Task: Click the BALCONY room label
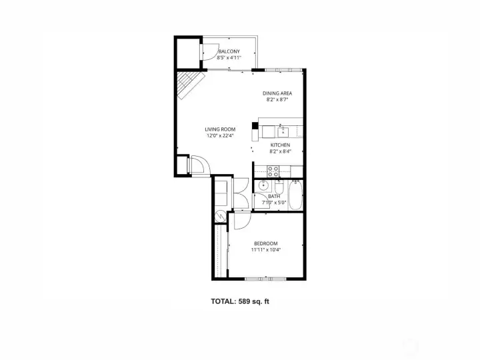tap(229, 52)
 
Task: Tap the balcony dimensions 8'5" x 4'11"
tap(229, 58)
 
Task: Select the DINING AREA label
tap(277, 93)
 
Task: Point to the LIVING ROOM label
tap(219, 129)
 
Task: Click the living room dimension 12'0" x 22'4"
tap(219, 136)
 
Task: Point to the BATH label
tap(274, 196)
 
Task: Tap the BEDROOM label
tap(265, 243)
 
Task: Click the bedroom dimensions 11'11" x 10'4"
tap(265, 250)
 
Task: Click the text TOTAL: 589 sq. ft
tap(240, 301)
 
